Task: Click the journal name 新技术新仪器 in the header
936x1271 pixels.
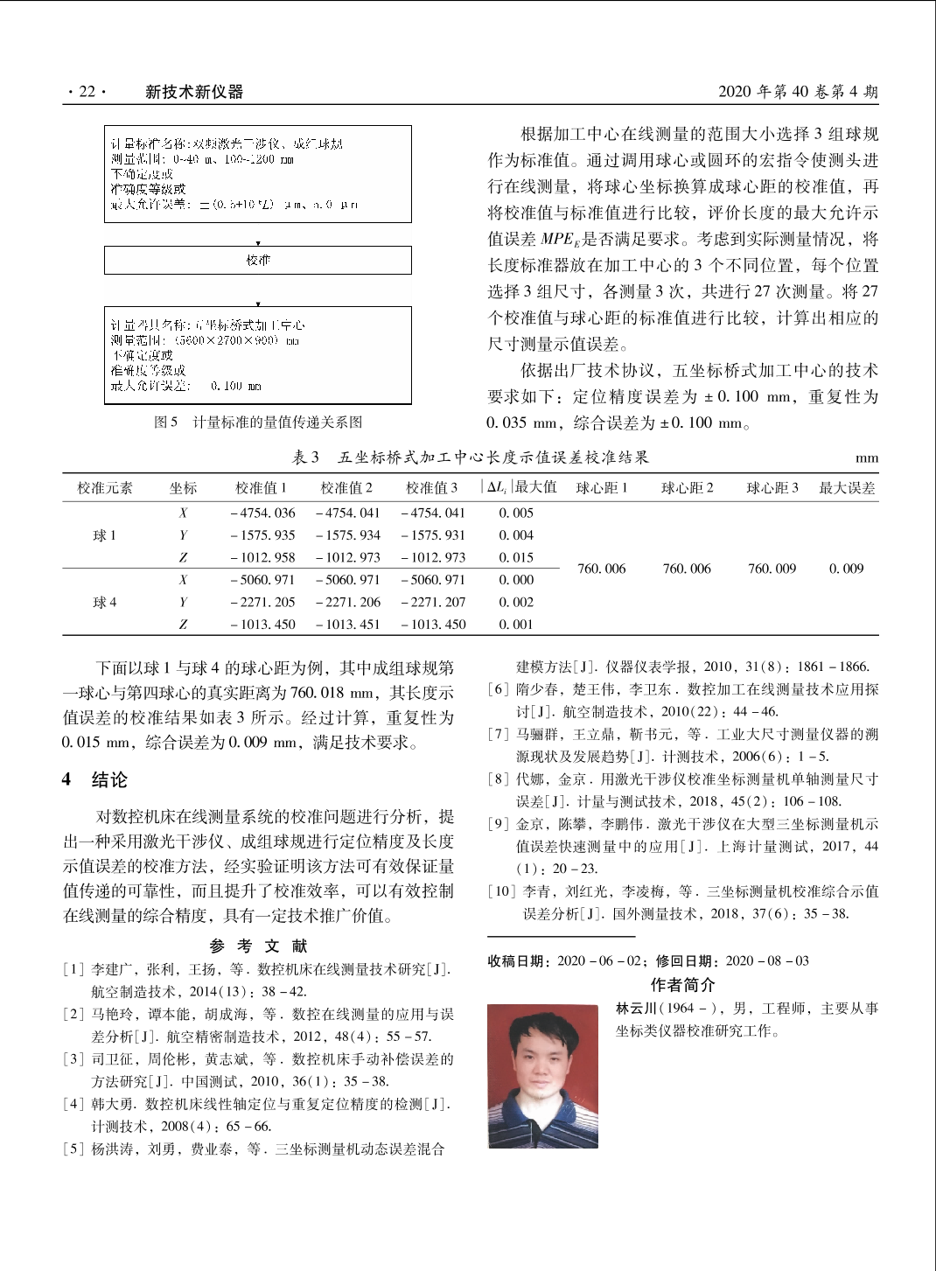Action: pos(194,92)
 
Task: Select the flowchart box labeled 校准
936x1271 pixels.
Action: pos(258,260)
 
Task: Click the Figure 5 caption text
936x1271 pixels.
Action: pos(258,422)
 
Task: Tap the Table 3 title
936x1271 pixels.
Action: pos(471,457)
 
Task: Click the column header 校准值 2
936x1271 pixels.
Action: pos(346,488)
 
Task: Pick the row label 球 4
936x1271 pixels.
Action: pos(105,602)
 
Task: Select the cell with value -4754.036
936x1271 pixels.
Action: pos(262,513)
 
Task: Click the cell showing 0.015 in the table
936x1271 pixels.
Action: pos(516,557)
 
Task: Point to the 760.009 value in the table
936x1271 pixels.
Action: pos(772,569)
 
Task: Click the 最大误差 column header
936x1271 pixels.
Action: pos(847,488)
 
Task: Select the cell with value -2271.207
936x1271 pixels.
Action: pos(433,602)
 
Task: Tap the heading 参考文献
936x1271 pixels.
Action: pos(259,946)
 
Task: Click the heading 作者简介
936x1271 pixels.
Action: pos(682,985)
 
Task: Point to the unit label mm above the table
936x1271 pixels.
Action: pos(867,458)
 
